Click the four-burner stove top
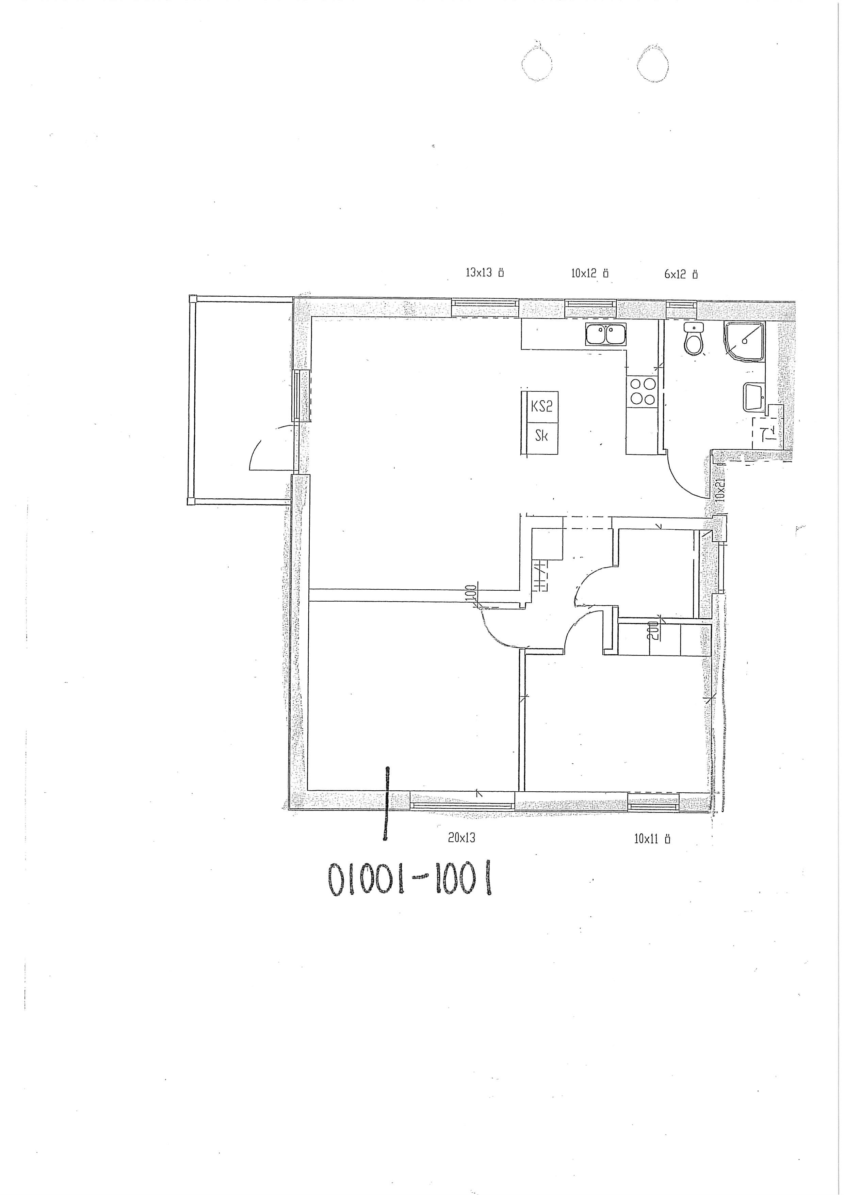(x=643, y=391)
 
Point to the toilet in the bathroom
(x=693, y=338)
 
